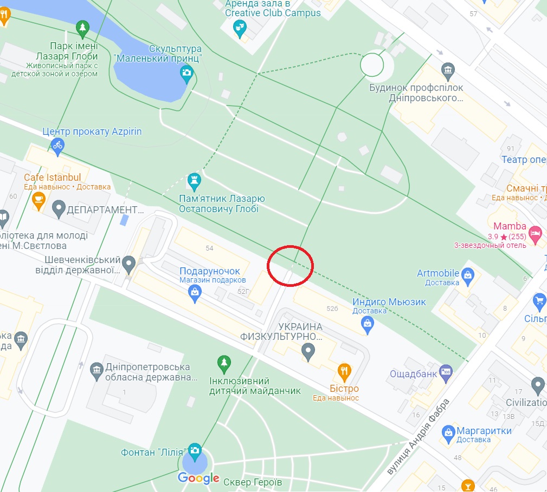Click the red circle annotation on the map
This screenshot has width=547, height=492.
click(291, 266)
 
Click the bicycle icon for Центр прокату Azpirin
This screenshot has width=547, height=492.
click(57, 145)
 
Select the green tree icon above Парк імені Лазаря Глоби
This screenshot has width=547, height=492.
click(82, 28)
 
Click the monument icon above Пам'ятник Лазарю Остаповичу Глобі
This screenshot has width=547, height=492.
click(194, 180)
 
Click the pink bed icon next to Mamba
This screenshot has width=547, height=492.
click(535, 234)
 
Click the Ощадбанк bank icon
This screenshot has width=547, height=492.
click(446, 371)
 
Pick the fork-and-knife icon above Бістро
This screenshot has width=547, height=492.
click(344, 371)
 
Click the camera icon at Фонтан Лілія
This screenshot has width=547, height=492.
click(195, 450)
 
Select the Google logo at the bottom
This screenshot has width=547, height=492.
click(198, 477)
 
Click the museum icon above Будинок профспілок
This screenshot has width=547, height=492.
click(448, 69)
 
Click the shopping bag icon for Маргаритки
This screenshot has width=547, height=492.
click(448, 431)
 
